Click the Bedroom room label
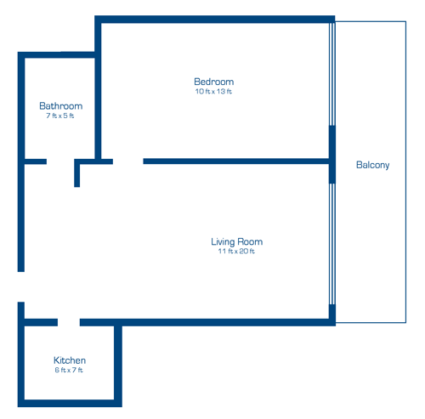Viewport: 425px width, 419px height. tap(213, 82)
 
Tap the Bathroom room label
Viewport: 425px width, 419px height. tap(60, 106)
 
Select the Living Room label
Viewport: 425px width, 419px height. tap(236, 242)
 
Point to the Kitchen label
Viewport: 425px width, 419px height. tap(70, 360)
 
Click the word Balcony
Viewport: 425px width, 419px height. tap(372, 165)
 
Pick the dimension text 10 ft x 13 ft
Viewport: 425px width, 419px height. tap(213, 92)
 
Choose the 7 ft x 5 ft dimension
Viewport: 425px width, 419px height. tap(60, 116)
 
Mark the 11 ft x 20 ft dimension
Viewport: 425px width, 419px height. tap(236, 252)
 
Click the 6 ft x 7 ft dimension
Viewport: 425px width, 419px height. tap(70, 371)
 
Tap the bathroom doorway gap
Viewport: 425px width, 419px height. tap(60, 161)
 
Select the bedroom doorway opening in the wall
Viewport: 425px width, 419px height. tap(127, 161)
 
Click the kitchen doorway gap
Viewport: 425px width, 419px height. tap(69, 322)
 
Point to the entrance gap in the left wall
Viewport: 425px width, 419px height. tap(21, 286)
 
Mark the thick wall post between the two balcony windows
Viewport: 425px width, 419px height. tap(332, 154)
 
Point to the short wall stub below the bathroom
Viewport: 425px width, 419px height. tap(77, 174)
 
